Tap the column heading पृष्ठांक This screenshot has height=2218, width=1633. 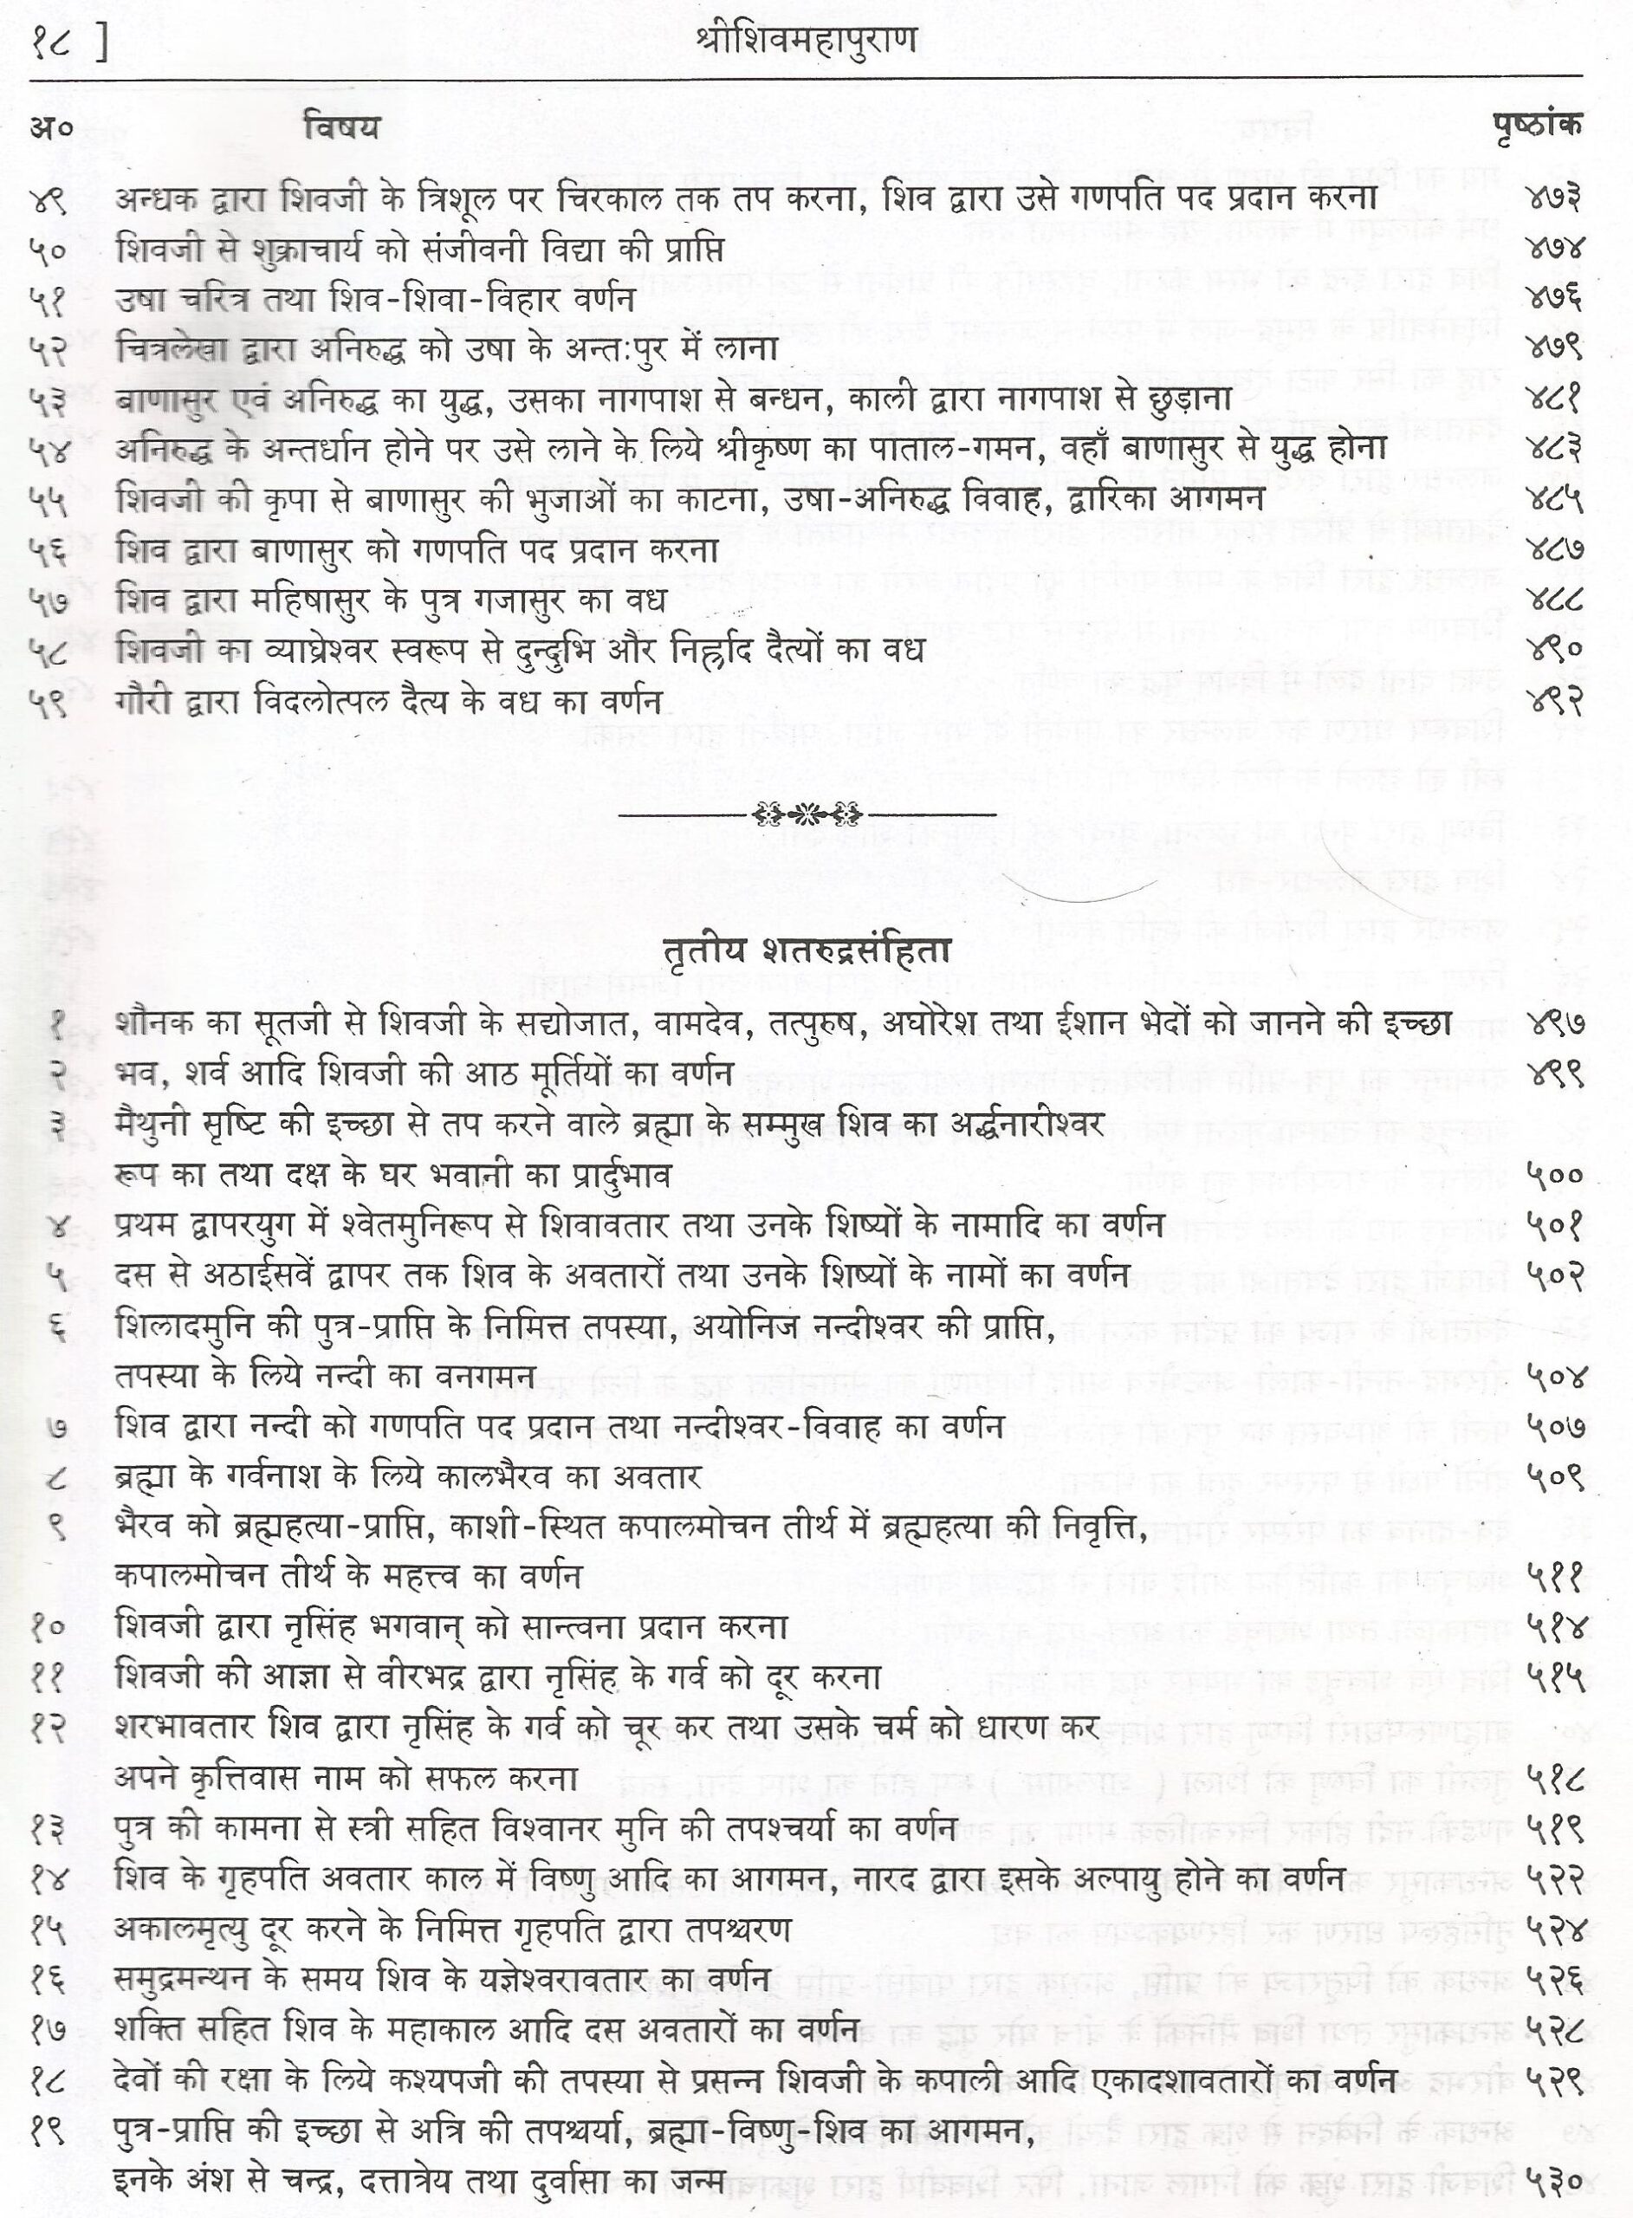[x=1535, y=126]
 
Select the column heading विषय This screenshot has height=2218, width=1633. [x=341, y=128]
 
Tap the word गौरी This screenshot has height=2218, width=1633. [x=142, y=701]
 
